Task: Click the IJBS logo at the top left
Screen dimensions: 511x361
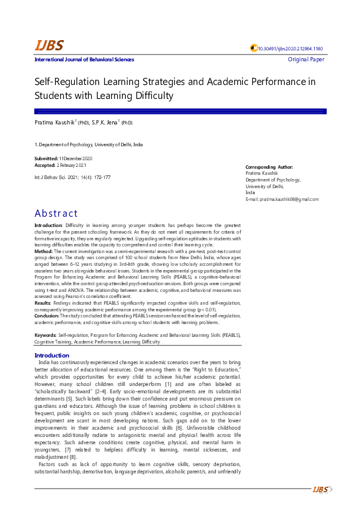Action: [x=49, y=46]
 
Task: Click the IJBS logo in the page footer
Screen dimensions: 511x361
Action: [x=320, y=489]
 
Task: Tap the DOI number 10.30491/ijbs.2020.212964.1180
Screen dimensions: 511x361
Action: [x=290, y=49]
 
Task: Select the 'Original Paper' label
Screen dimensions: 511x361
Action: [x=306, y=59]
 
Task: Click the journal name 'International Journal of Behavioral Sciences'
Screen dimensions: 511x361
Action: [x=84, y=59]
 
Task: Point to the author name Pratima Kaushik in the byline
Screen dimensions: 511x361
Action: [x=54, y=123]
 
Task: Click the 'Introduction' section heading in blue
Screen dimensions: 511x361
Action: [x=52, y=355]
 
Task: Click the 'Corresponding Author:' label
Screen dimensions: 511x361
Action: [x=269, y=167]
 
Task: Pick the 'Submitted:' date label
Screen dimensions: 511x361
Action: [x=46, y=158]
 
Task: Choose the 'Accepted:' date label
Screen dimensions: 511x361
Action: [x=45, y=165]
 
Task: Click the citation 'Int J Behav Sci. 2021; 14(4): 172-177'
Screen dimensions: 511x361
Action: [x=72, y=177]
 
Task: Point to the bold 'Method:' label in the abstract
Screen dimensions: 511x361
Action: [x=44, y=250]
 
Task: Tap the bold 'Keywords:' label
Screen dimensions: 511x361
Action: [x=46, y=334]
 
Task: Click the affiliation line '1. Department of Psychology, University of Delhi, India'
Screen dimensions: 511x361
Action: [x=89, y=145]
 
